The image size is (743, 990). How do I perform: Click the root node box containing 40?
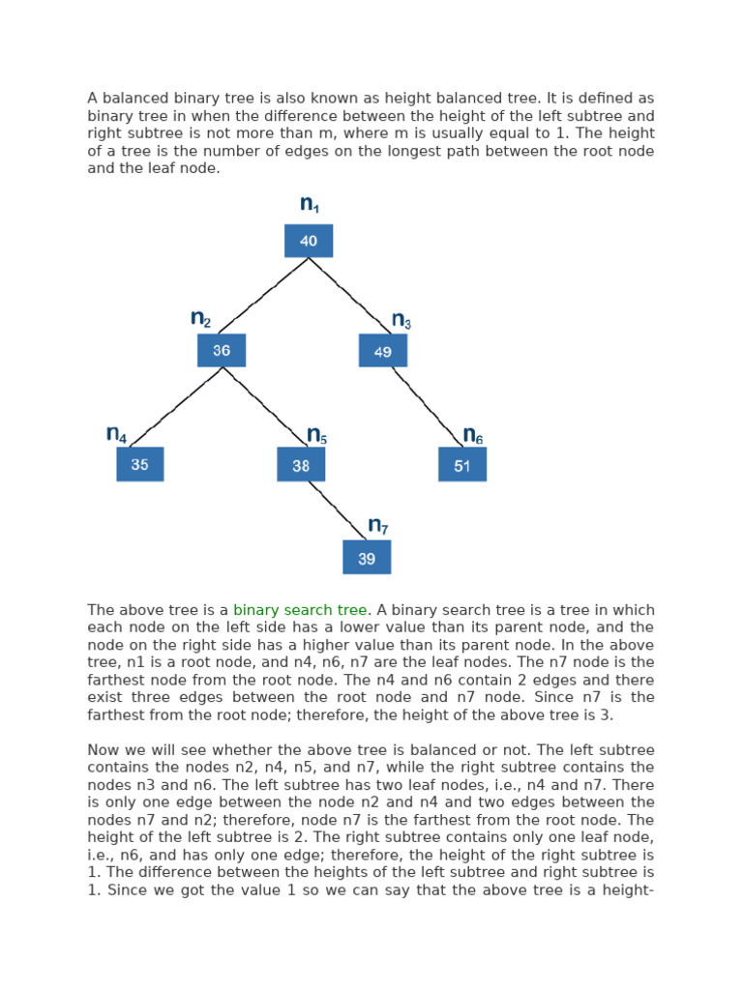(x=309, y=241)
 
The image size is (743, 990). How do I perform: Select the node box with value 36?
(x=222, y=350)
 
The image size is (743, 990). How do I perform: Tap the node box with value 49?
(x=383, y=351)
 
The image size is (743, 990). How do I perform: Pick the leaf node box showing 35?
(x=140, y=464)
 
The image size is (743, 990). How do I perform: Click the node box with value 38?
(x=301, y=465)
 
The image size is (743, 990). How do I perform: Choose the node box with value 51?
(x=462, y=465)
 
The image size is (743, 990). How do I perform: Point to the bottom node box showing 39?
(x=367, y=558)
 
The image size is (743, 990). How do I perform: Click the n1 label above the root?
(x=310, y=204)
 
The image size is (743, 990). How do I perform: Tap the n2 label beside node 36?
(x=200, y=319)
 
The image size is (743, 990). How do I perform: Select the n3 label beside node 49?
(x=401, y=320)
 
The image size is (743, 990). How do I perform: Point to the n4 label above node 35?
(x=116, y=434)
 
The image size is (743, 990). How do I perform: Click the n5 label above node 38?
(x=316, y=435)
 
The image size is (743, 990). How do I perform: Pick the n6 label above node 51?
(x=473, y=435)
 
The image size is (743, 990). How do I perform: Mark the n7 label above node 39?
(x=378, y=526)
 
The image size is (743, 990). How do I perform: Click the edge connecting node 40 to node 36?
(x=263, y=296)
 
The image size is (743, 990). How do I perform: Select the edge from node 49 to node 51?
(x=426, y=407)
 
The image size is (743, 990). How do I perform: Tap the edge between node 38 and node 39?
(x=334, y=510)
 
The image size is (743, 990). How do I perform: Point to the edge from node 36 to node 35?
(x=176, y=407)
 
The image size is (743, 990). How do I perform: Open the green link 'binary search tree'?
(x=300, y=610)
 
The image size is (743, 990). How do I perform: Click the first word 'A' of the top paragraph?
(x=92, y=99)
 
